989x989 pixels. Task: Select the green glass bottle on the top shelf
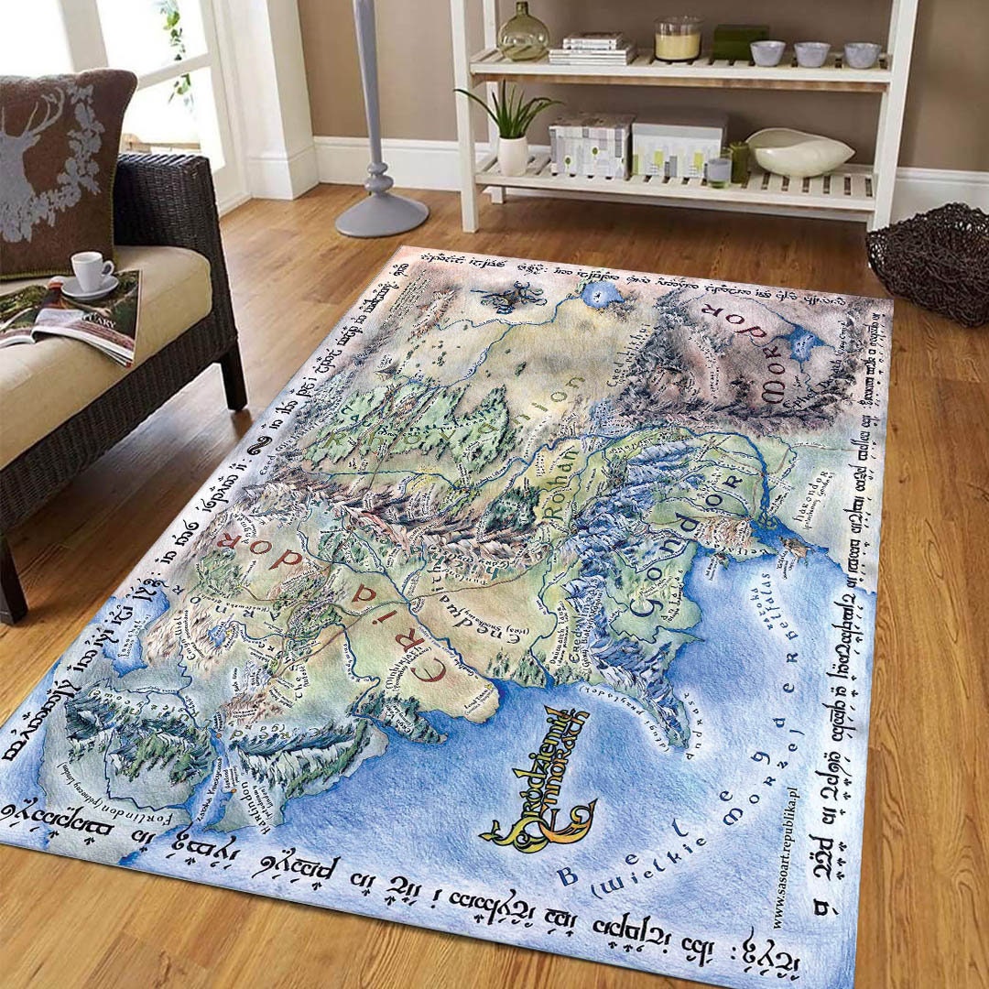pos(523,35)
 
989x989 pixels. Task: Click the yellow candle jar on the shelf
pos(678,40)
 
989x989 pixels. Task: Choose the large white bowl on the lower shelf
pos(799,152)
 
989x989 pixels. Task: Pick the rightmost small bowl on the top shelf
pos(861,54)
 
